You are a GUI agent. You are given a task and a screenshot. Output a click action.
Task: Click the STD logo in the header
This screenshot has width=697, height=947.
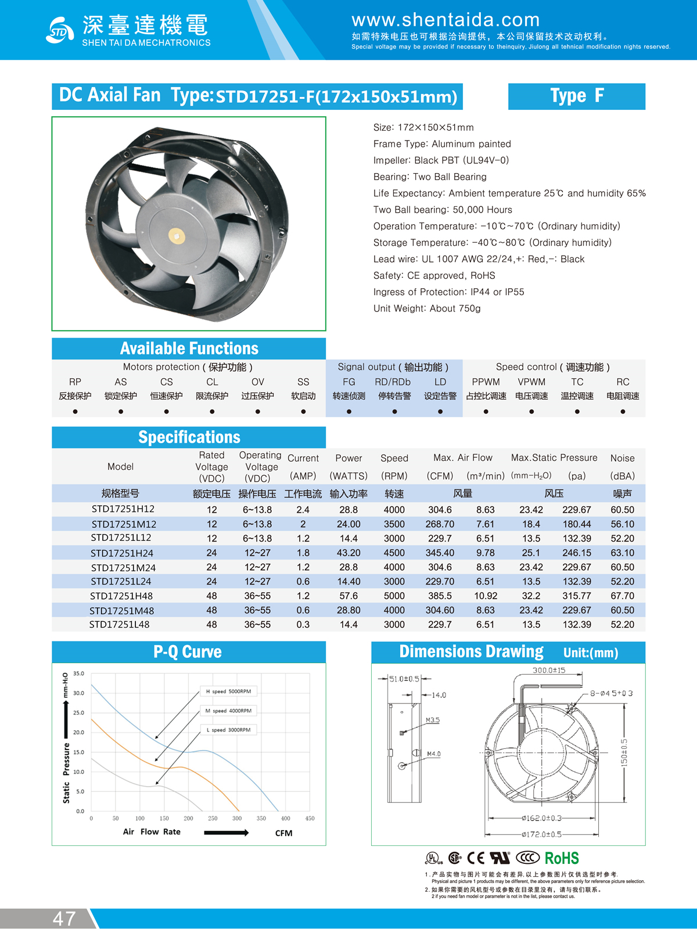pos(60,31)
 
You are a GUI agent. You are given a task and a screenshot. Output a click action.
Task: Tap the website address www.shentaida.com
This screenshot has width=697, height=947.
pos(445,20)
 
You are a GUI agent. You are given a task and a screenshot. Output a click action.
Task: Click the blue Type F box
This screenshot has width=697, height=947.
pos(576,96)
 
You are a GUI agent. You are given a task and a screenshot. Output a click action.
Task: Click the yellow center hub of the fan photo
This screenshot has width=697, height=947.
pos(176,235)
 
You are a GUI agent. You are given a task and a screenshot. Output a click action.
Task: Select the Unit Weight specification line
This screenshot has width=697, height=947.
pos(427,309)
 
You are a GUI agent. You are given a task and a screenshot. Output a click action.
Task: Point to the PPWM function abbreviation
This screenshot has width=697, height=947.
pos(486,382)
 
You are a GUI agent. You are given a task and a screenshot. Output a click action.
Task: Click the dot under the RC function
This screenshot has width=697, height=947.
pos(623,411)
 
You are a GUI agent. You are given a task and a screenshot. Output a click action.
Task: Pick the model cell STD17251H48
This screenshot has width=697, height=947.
pos(121,596)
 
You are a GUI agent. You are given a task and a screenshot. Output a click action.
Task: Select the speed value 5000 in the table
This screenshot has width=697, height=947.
pos(394,596)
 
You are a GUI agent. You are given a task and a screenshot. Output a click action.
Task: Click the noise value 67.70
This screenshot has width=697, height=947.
pos(622,596)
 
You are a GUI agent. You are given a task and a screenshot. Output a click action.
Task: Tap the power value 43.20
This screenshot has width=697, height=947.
pos(348,553)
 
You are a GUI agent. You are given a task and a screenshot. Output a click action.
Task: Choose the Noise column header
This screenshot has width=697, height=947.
pos(622,458)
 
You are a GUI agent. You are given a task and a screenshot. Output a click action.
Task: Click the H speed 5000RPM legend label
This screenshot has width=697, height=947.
pos(228,691)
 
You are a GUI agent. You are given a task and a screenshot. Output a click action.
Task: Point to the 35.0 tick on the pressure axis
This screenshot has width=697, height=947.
pos(79,673)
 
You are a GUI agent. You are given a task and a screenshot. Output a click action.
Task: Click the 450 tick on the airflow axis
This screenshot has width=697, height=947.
pos(310,818)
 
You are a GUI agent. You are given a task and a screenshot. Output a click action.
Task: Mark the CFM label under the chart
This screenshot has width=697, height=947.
pos(283,833)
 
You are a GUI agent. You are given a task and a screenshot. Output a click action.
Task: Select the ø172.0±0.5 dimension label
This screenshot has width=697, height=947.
pos(541,834)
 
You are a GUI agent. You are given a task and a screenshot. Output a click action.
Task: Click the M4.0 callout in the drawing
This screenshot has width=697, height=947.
pos(434,754)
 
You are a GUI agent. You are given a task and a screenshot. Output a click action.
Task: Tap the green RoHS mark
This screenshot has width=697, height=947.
pos(562,858)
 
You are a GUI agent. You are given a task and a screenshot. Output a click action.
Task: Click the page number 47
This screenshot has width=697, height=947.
pos(64,919)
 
